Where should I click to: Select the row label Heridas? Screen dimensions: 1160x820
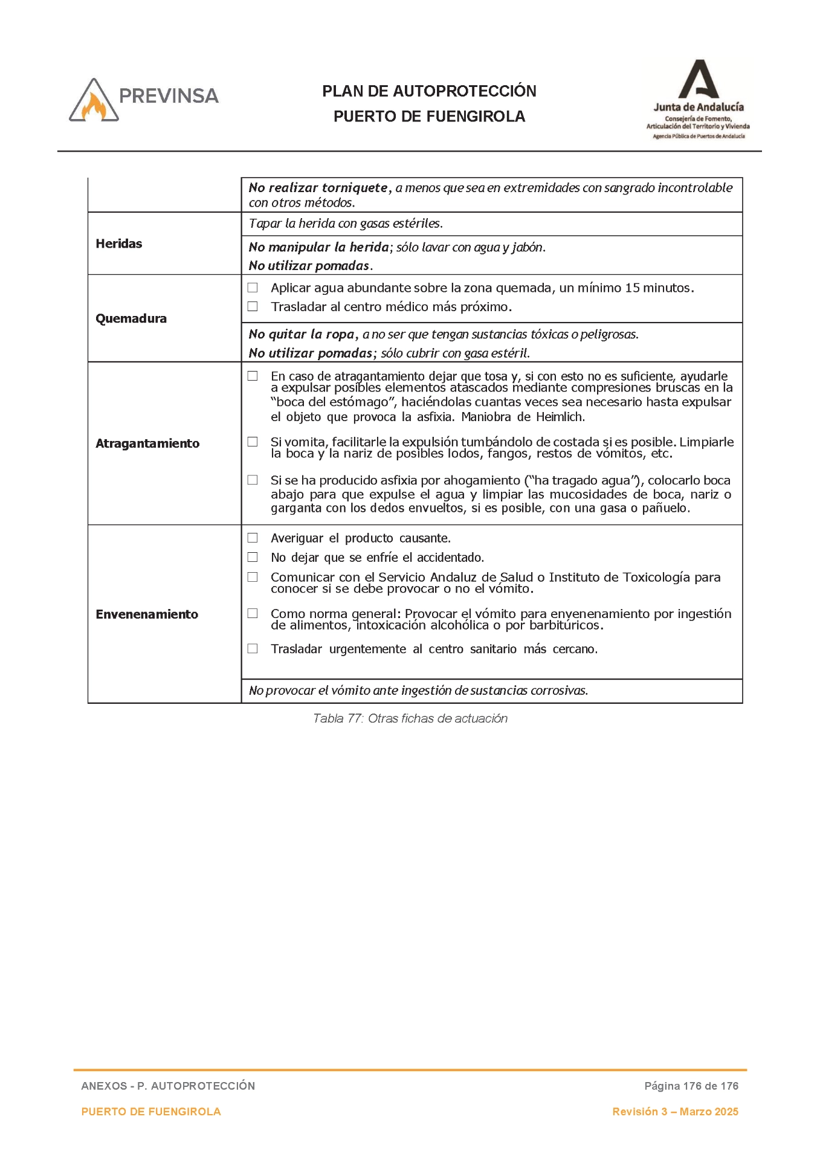click(x=119, y=243)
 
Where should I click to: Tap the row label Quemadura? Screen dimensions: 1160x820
click(x=131, y=318)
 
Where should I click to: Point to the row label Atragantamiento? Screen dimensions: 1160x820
click(x=147, y=443)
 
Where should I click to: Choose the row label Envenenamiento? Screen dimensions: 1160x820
click(x=147, y=614)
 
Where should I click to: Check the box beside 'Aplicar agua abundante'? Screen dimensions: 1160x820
click(x=253, y=288)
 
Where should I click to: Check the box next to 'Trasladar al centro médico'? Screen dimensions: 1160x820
click(x=253, y=307)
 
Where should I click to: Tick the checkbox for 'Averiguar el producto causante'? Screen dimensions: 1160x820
click(x=253, y=538)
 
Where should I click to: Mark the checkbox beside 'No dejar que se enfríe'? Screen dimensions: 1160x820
click(x=253, y=557)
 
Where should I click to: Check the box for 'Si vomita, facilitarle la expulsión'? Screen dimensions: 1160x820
click(x=253, y=442)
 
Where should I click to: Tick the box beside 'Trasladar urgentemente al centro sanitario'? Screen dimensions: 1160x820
click(x=253, y=649)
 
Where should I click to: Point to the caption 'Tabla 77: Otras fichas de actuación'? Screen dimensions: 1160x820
click(x=410, y=718)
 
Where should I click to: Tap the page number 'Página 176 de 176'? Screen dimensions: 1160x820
click(x=691, y=1086)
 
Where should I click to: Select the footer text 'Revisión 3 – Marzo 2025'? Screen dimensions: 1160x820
click(x=675, y=1112)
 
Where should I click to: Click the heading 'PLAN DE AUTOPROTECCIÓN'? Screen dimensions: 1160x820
click(x=429, y=91)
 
